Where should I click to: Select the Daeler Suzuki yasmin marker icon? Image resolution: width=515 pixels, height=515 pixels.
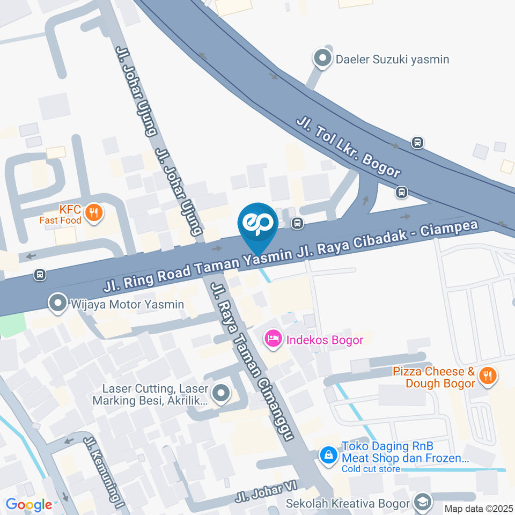(322, 59)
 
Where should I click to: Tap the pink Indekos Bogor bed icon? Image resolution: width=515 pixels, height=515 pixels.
(273, 339)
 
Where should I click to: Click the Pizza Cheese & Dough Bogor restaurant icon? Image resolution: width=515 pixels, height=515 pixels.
(487, 376)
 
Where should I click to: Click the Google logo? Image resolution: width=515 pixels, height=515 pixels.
(29, 504)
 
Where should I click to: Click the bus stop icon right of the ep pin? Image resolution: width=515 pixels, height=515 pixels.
(296, 223)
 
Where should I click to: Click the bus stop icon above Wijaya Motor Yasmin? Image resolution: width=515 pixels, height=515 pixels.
(39, 275)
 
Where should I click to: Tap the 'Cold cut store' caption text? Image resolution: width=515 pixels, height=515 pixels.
(371, 469)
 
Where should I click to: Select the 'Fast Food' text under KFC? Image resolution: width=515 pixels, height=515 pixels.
(61, 220)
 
